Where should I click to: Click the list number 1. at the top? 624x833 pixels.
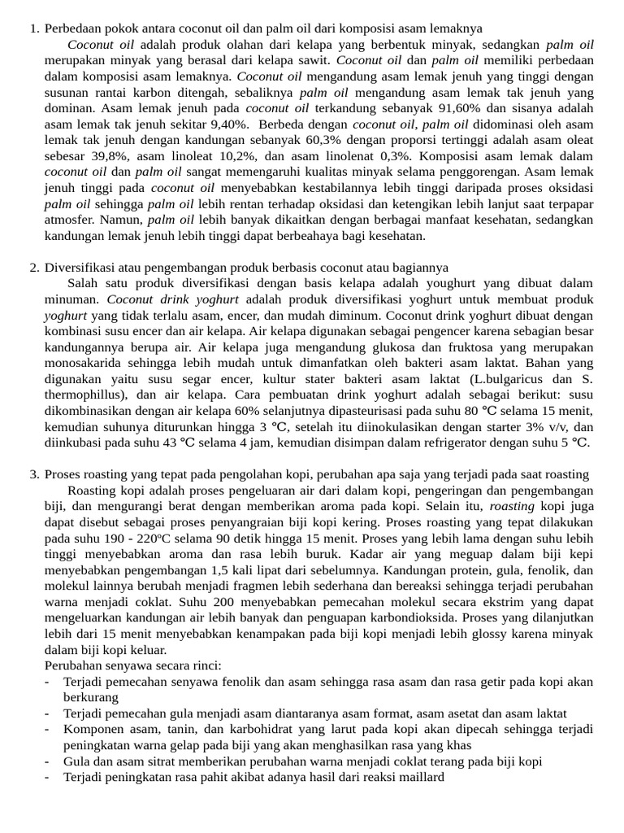pyautogui.click(x=34, y=29)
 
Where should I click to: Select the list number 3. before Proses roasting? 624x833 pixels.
pyautogui.click(x=34, y=474)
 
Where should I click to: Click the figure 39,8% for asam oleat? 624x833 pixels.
pyautogui.click(x=97, y=155)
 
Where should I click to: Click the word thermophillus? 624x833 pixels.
pyautogui.click(x=80, y=395)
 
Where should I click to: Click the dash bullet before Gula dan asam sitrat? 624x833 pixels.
pyautogui.click(x=48, y=761)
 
